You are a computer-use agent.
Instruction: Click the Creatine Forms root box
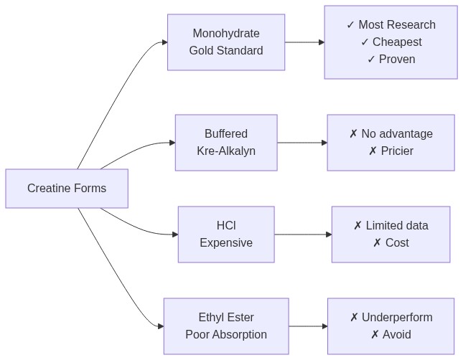tap(67, 189)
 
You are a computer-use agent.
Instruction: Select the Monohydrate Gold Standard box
tap(226, 42)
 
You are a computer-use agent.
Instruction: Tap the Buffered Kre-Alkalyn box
tap(226, 143)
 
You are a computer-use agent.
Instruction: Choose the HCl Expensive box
tap(226, 235)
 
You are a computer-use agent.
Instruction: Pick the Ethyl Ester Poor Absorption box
tap(226, 326)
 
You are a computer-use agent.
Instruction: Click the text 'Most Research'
tap(397, 25)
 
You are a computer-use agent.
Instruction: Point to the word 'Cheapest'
tap(397, 42)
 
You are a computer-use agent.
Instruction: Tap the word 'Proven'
tap(398, 60)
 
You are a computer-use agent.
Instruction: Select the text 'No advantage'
tap(397, 134)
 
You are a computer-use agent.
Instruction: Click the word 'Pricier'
tap(397, 151)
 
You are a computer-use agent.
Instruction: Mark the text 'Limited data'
tap(397, 226)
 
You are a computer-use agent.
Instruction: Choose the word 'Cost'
tap(397, 243)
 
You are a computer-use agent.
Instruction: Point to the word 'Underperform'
tap(397, 318)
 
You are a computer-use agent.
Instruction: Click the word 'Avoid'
tap(397, 335)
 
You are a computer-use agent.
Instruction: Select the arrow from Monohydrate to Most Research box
tap(304, 42)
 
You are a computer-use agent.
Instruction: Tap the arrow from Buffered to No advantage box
tap(302, 143)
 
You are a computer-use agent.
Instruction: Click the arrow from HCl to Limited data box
tap(303, 235)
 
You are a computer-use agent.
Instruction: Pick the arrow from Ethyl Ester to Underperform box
tap(308, 326)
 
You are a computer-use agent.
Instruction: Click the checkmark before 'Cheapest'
tap(365, 42)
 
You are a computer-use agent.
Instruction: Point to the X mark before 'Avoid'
tap(375, 335)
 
